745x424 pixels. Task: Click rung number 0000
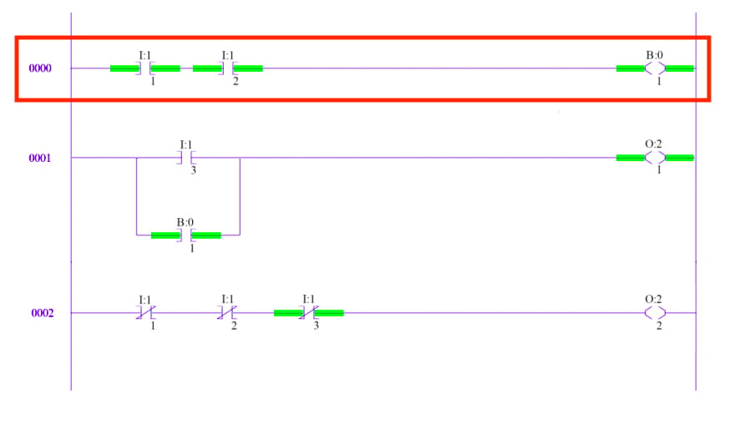click(x=40, y=68)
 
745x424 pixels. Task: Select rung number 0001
click(x=40, y=158)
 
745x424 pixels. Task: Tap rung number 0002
click(x=43, y=313)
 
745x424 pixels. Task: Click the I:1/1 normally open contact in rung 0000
click(x=145, y=68)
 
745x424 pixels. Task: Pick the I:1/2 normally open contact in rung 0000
click(x=227, y=68)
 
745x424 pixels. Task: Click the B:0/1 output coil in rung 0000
click(x=655, y=68)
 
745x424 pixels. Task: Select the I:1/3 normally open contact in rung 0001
click(x=185, y=158)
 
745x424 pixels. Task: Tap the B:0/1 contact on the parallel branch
click(x=185, y=235)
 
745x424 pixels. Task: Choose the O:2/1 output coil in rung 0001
click(x=655, y=158)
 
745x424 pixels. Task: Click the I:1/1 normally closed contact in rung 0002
click(x=145, y=313)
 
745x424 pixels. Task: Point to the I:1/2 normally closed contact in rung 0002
click(x=227, y=313)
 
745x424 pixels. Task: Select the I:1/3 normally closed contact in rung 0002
click(x=309, y=313)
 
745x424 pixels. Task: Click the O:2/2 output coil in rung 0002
click(x=655, y=313)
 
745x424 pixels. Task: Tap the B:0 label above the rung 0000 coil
click(x=654, y=55)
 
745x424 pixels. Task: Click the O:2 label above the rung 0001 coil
click(x=653, y=144)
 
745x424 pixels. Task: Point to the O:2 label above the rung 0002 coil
click(x=653, y=299)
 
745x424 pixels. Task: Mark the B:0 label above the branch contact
click(x=185, y=222)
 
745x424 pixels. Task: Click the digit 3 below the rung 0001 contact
click(x=194, y=170)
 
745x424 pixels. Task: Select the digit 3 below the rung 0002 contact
click(x=316, y=326)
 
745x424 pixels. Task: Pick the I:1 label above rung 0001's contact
click(x=185, y=144)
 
